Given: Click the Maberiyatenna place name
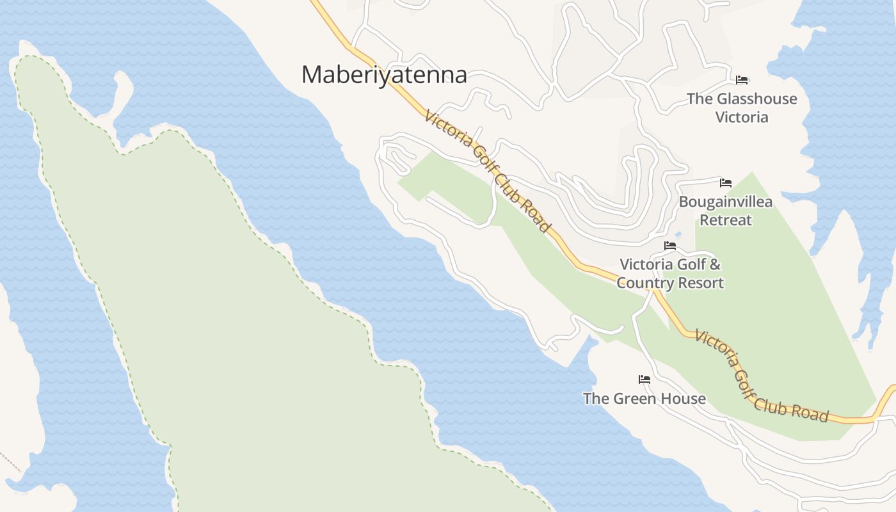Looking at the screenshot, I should (384, 75).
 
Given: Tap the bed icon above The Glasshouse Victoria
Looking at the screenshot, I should (742, 80).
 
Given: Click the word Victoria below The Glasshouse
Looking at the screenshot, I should (742, 117).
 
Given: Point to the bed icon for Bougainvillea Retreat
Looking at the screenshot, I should (725, 183).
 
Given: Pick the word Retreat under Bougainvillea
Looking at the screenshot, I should (725, 220).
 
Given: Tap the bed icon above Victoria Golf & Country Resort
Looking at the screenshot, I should (670, 246).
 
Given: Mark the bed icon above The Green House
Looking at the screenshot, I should (644, 380).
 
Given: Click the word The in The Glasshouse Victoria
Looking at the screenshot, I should (700, 99).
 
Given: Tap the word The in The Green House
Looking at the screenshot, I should (596, 399).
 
